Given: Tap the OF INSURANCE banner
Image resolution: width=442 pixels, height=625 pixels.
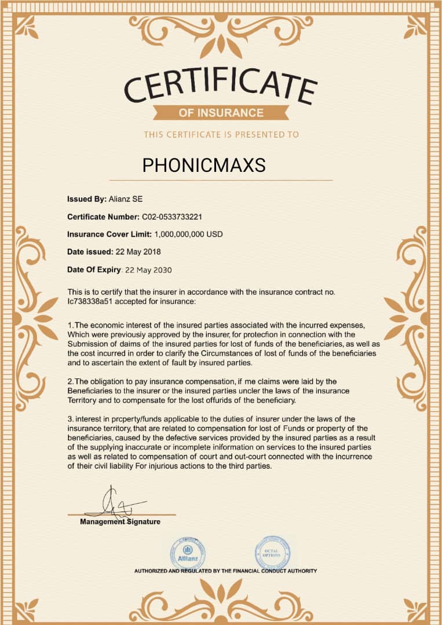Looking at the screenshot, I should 221,112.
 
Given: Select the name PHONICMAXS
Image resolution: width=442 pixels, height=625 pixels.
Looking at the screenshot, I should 204,166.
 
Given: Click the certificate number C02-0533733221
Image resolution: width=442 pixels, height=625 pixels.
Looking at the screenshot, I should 172,216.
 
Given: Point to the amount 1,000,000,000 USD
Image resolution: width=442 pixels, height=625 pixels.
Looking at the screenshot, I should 188,234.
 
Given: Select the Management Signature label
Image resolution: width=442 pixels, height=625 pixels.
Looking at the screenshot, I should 120,522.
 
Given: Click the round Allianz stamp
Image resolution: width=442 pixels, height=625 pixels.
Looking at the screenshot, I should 187,553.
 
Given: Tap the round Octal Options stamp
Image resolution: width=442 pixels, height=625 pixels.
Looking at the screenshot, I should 272,552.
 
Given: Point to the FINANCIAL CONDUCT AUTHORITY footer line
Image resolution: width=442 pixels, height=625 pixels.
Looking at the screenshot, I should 225,571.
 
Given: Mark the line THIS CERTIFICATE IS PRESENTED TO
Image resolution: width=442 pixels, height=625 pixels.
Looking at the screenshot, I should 221,134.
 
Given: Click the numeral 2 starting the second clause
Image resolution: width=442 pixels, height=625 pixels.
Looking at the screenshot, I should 70,381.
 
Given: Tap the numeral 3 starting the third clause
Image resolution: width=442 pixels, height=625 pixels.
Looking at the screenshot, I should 70,418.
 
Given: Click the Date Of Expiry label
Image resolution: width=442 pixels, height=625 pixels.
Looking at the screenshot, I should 94,270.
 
